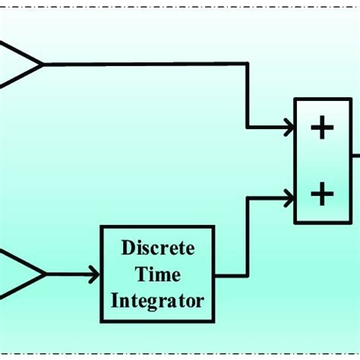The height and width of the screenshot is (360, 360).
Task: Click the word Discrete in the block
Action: (158, 249)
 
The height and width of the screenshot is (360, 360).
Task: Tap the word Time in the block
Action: (158, 274)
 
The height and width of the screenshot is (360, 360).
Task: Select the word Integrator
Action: (158, 300)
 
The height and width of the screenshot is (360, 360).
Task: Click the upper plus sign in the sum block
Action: (322, 128)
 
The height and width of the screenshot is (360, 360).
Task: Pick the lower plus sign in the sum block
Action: (322, 194)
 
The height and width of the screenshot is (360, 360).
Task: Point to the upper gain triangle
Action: (19, 65)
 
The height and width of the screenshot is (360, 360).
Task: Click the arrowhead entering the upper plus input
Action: (289, 128)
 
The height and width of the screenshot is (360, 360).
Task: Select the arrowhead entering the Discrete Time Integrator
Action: (94, 273)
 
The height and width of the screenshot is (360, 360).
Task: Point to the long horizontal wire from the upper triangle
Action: (144, 65)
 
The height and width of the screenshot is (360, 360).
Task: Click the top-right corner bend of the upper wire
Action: (248, 65)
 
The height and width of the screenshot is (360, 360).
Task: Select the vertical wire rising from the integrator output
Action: (248, 235)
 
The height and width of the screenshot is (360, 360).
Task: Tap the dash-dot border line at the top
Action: (180, 2)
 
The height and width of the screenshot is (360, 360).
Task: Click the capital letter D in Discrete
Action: (127, 249)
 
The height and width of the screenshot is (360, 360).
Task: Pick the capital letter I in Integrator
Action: (115, 300)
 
